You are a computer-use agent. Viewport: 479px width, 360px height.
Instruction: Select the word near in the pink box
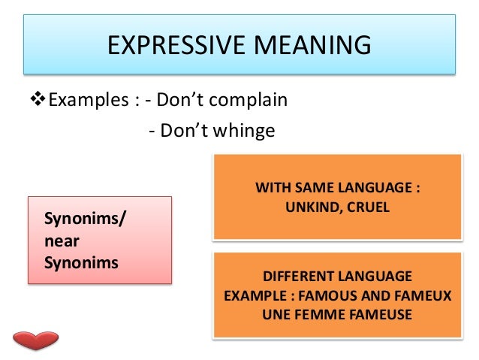pos(62,241)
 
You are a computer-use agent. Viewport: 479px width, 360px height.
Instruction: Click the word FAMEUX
pos(425,295)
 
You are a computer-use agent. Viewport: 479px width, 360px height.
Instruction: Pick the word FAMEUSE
pos(378,314)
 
